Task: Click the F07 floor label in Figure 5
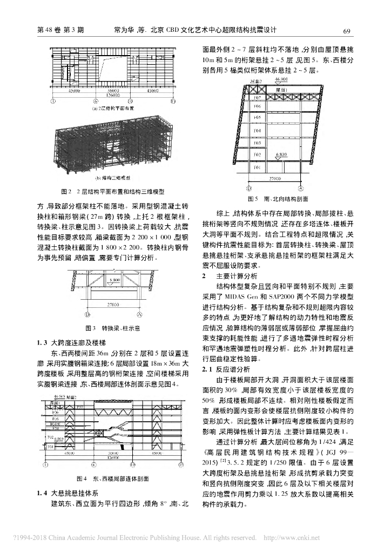[x=258, y=98]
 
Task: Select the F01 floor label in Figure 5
[x=258, y=167]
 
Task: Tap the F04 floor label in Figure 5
[x=258, y=131]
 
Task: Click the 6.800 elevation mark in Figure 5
[x=281, y=154]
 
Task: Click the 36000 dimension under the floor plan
[x=113, y=90]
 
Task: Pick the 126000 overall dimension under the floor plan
[x=113, y=95]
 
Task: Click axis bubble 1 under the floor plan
[x=53, y=100]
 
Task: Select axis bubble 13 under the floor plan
[x=173, y=100]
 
